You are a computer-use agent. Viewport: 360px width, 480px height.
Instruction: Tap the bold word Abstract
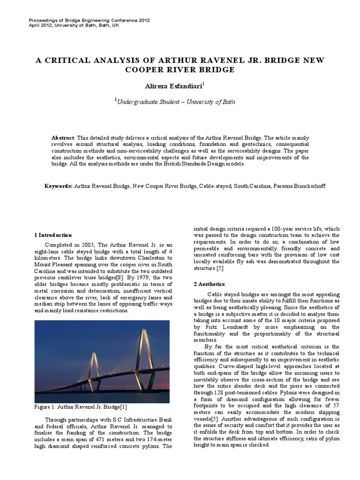tap(63, 138)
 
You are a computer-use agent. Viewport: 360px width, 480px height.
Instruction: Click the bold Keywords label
tap(59, 186)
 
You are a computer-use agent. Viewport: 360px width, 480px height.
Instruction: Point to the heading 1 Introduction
tap(53, 235)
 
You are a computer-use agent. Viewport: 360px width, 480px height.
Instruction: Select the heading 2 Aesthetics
tap(209, 284)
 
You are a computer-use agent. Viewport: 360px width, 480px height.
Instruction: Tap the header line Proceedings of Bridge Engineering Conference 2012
tap(90, 21)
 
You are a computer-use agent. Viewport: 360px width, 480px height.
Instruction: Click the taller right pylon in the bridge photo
tap(144, 356)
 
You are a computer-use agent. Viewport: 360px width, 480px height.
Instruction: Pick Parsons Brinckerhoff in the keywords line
tap(298, 186)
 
